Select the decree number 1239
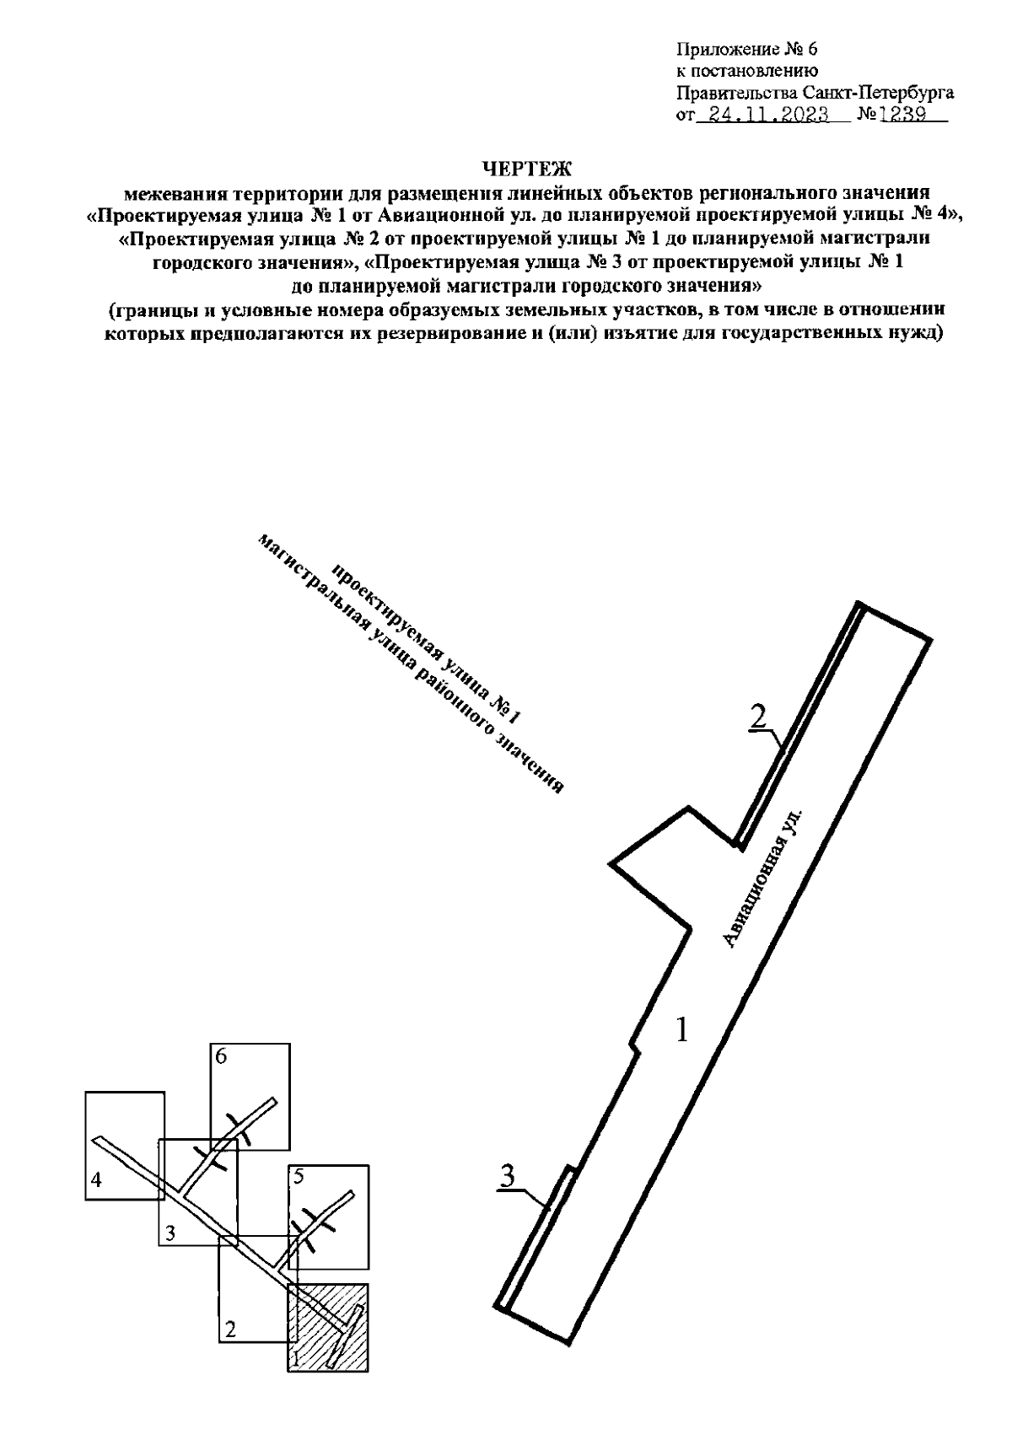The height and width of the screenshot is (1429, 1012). (902, 113)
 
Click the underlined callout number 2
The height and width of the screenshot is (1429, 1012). (758, 717)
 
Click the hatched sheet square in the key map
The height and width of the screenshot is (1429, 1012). (329, 1327)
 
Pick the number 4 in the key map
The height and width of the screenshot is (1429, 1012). (97, 1180)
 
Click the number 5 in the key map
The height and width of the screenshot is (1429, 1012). (298, 1177)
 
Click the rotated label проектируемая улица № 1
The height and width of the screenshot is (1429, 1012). (426, 643)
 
